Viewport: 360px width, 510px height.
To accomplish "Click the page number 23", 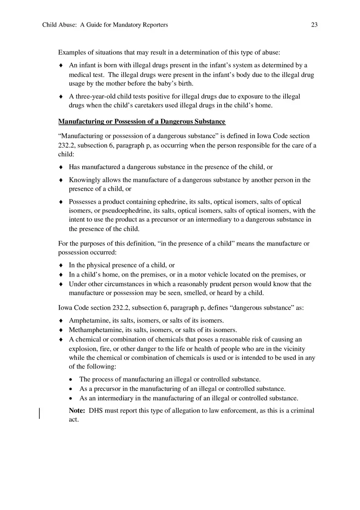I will point(314,25).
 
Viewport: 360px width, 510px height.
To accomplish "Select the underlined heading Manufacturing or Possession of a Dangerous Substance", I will point(142,121).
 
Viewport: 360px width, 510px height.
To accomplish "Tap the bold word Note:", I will point(77,411).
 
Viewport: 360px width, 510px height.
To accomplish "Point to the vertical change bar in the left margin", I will point(39,413).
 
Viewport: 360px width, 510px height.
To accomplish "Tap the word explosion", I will point(83,348).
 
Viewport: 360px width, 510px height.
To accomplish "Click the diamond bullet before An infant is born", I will point(61,65).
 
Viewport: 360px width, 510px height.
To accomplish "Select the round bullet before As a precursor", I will point(71,389).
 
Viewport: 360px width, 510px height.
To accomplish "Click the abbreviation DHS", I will point(96,411).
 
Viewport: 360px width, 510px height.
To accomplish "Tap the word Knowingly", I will point(84,180).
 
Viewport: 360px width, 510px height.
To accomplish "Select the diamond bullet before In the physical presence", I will point(61,265).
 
